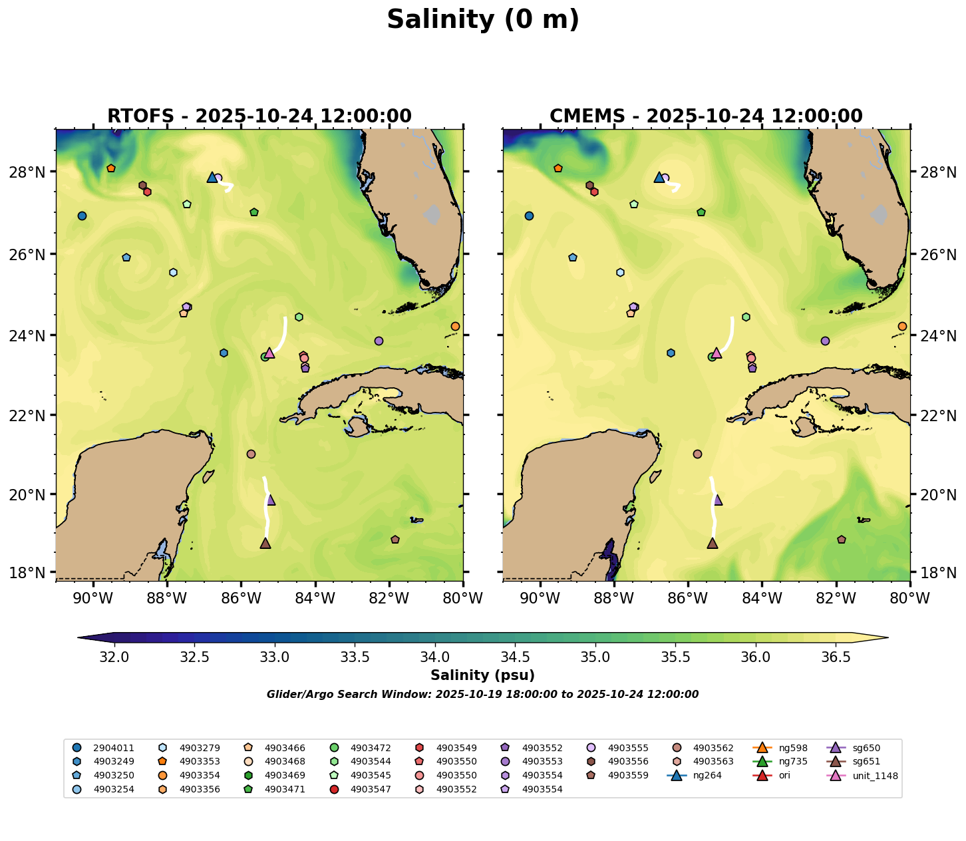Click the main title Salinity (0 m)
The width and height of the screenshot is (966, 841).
point(483,20)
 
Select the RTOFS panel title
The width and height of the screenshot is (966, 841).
point(259,116)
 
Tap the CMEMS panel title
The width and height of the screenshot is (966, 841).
point(706,116)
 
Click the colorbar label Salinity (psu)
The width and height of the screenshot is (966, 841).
point(482,676)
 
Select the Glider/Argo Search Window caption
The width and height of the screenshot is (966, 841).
point(482,695)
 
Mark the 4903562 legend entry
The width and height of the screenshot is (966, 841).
point(713,747)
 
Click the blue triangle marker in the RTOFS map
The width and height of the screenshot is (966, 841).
point(212,177)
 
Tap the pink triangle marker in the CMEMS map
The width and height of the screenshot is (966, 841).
point(717,353)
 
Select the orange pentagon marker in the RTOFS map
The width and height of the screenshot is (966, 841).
point(111,168)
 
